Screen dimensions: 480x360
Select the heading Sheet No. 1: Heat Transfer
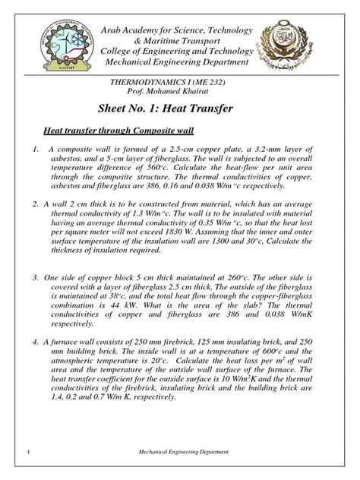coord(179,109)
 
